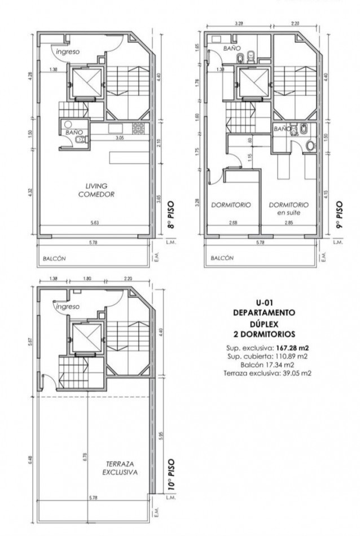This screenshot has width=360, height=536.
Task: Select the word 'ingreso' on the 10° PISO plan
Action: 67,306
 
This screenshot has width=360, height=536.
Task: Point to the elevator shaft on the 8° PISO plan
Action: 85,84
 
